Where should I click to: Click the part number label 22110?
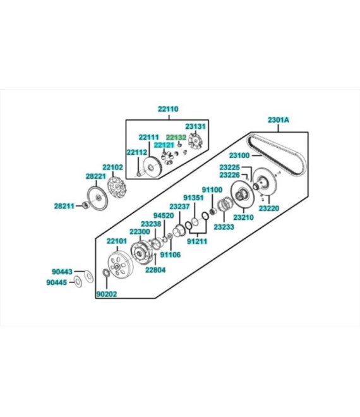click(168, 109)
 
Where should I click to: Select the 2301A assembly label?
click(278, 120)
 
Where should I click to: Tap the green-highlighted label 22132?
click(176, 138)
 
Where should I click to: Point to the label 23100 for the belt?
click(239, 155)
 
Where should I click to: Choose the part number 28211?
click(64, 206)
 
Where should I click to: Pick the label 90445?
click(57, 282)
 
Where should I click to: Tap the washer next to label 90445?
click(78, 282)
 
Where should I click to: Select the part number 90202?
click(107, 294)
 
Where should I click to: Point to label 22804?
click(155, 270)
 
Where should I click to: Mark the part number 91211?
click(197, 241)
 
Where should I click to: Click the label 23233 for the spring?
click(224, 227)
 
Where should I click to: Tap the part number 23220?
click(269, 208)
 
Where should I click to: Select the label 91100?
click(212, 190)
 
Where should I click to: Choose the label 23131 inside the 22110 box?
click(195, 126)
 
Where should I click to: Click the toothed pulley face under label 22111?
click(152, 166)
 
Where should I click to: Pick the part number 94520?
click(164, 215)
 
